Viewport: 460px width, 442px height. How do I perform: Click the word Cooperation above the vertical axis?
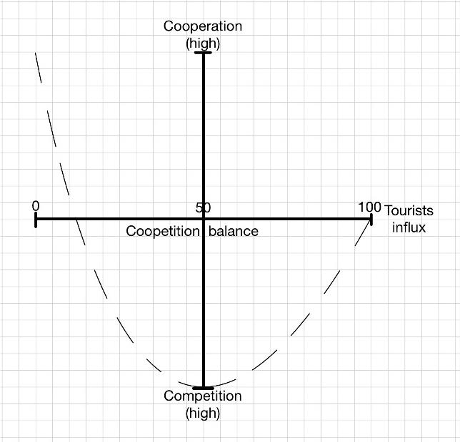(203, 26)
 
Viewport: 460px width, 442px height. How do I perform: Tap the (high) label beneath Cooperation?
(203, 43)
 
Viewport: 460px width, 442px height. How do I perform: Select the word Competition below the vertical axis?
(203, 396)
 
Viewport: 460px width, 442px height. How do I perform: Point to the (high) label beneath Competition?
(203, 413)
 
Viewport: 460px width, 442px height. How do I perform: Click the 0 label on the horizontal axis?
(35, 206)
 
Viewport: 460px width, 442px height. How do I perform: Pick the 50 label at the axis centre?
(203, 208)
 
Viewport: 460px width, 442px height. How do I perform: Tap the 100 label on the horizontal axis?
(369, 207)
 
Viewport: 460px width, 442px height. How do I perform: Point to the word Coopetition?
(163, 231)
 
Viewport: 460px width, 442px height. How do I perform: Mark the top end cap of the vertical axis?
(204, 53)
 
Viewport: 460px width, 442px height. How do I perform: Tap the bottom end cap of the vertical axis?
(204, 387)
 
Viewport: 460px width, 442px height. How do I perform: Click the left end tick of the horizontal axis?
(36, 219)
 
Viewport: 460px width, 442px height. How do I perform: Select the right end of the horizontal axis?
(371, 219)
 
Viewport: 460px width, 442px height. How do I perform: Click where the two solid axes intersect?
(204, 219)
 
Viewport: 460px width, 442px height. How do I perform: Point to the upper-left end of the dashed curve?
(36, 54)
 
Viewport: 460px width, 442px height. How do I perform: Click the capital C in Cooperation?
(169, 26)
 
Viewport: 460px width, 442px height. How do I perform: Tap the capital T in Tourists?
(389, 211)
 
